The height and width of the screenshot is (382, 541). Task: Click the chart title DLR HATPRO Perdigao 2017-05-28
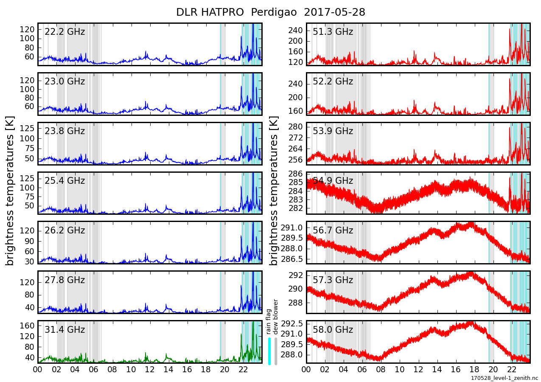[270, 12]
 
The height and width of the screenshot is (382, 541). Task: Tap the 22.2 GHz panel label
[64, 32]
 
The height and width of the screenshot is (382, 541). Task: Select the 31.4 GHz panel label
[64, 330]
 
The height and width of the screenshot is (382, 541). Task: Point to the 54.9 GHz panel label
[333, 181]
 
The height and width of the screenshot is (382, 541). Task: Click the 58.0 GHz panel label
[333, 330]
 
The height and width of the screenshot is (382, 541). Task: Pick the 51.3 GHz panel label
[333, 32]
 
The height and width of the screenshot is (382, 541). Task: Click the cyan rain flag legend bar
[269, 351]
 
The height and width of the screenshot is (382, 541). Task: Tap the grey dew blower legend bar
[276, 351]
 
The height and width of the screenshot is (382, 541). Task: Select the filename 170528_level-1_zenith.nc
[504, 378]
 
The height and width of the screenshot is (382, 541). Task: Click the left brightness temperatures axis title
[10, 191]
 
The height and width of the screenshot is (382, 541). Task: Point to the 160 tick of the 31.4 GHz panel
[27, 326]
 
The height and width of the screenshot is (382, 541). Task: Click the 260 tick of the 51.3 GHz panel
[295, 31]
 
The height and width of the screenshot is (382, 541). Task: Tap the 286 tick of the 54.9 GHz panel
[295, 174]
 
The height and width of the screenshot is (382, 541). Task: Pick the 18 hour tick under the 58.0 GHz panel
[474, 370]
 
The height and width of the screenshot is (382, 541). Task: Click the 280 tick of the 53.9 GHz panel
[295, 127]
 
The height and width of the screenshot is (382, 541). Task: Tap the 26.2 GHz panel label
[64, 230]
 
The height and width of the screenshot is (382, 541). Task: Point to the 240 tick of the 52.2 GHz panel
[295, 84]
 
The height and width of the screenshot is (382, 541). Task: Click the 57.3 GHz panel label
[333, 280]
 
